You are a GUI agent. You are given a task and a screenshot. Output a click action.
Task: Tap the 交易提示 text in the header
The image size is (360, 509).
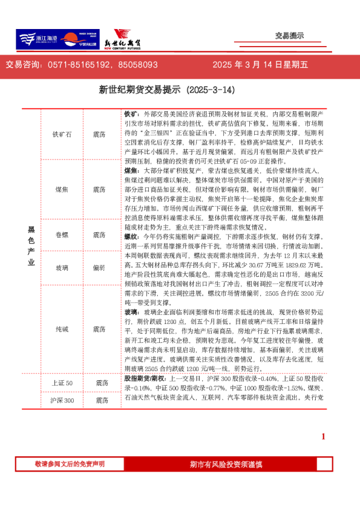(289, 36)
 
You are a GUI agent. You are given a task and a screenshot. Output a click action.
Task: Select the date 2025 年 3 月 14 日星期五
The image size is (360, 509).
(260, 65)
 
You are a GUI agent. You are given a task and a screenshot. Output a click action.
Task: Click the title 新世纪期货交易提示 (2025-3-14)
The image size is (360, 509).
(166, 90)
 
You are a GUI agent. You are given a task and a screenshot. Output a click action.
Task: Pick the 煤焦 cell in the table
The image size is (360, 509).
(62, 189)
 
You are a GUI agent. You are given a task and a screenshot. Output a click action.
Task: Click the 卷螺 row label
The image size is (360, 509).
(62, 235)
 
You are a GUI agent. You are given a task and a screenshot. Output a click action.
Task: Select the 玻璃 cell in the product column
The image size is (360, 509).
(62, 267)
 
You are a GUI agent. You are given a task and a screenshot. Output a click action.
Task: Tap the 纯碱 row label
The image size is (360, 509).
(62, 329)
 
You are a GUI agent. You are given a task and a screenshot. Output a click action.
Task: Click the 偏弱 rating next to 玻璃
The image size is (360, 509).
(100, 267)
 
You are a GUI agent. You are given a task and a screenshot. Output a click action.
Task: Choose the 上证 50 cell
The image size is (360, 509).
(62, 383)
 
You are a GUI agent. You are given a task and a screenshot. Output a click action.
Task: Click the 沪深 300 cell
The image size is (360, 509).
(62, 400)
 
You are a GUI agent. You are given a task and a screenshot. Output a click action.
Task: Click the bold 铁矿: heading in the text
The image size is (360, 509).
(131, 114)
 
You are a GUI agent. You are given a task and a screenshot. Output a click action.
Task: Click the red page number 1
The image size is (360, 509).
(323, 436)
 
